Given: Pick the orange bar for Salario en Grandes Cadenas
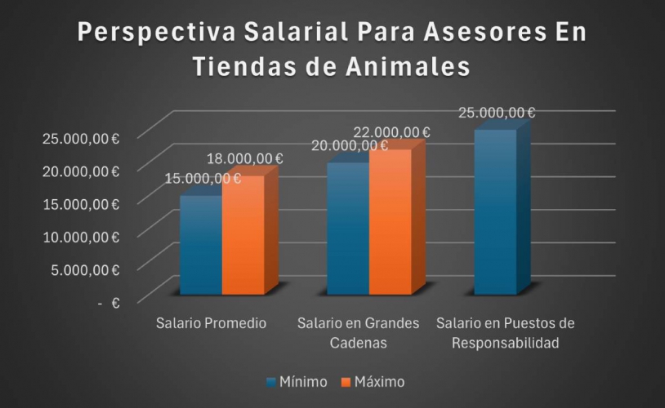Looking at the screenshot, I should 391,222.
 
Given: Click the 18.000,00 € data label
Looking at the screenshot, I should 245,158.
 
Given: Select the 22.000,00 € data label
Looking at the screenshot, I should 392,132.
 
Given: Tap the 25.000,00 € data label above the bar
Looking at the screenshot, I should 497,113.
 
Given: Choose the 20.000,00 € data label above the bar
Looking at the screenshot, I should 350,146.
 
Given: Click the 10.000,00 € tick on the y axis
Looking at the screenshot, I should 80,237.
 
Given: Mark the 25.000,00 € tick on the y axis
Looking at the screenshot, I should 80,138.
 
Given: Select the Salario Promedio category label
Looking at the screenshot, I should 211,323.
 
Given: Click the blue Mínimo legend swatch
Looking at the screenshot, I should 271,382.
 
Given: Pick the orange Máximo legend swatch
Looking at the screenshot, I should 346,382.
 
